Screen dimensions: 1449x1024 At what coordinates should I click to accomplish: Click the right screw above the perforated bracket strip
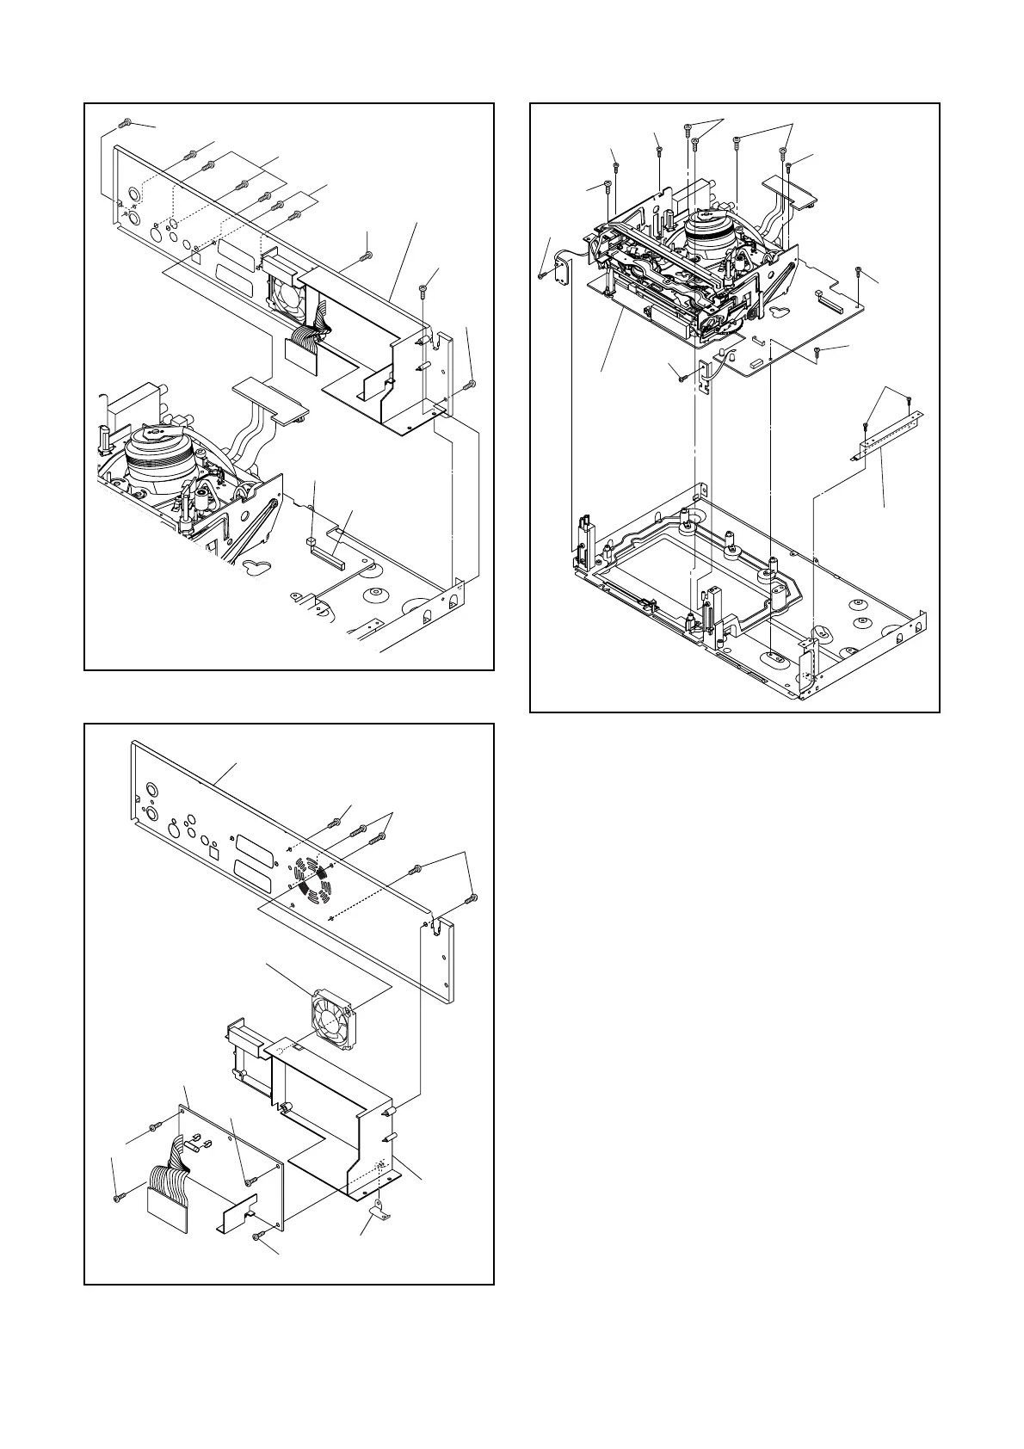click(910, 399)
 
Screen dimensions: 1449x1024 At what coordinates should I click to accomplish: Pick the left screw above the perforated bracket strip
click(865, 425)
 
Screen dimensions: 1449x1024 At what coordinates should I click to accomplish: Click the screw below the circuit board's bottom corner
click(258, 1236)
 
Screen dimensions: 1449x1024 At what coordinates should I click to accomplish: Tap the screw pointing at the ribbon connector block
click(117, 1196)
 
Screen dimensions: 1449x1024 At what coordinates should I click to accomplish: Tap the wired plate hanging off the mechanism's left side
click(564, 271)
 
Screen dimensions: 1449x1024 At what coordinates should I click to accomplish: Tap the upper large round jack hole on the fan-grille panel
click(152, 790)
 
